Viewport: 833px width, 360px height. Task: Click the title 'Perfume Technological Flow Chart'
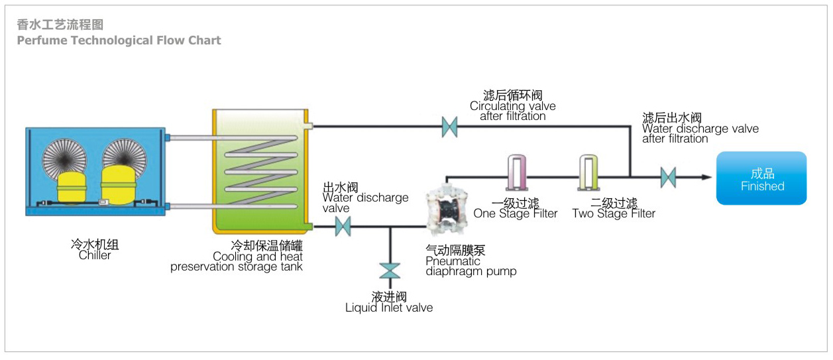119,40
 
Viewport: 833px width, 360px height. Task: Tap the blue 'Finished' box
761,178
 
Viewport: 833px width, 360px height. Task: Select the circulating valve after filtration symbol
450,126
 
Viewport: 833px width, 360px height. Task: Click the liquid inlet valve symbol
390,270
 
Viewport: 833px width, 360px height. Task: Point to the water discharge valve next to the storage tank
343,227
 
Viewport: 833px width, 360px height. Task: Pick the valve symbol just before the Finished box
668,177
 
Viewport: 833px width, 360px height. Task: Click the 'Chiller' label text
95,255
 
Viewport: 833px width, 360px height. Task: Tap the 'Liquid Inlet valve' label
389,308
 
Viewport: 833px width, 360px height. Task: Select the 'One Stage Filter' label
515,213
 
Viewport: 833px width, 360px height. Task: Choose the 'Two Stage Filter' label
614,213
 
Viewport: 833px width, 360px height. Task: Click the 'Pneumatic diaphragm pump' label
471,266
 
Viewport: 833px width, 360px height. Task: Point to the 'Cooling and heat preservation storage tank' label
237,261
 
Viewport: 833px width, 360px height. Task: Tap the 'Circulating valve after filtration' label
512,111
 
